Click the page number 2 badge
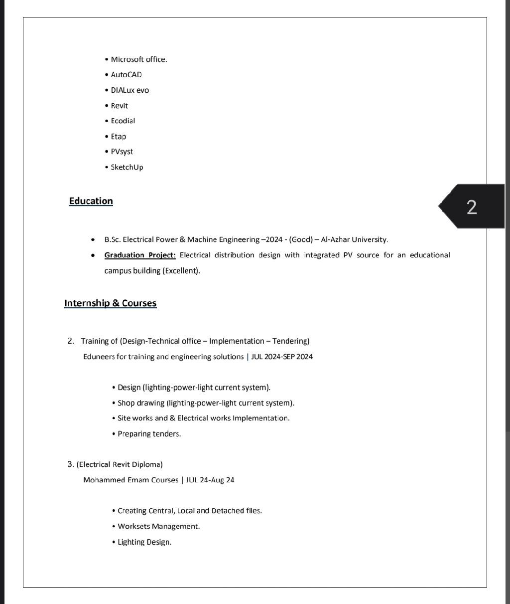tap(472, 206)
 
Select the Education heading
tap(91, 201)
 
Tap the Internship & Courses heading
tap(110, 303)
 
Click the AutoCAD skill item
tap(126, 75)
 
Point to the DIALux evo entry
tap(129, 90)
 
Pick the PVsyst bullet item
tap(122, 152)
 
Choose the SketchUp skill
tap(127, 167)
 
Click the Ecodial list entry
tap(123, 121)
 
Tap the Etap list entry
tap(118, 136)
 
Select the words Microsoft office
tap(138, 59)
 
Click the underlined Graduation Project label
tap(140, 255)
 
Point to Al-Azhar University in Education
tap(354, 239)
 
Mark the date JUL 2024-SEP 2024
tap(282, 357)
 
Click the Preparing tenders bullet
tap(149, 434)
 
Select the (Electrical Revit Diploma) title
tap(120, 464)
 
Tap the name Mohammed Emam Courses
tap(130, 480)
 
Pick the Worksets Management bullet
tap(158, 526)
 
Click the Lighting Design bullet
tap(144, 542)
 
